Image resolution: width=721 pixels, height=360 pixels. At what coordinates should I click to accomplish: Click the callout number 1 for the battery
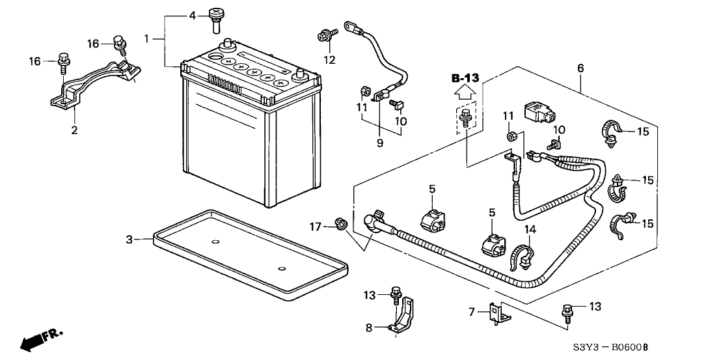tap(146, 39)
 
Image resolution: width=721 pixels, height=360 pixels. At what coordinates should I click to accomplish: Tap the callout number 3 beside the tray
tap(129, 240)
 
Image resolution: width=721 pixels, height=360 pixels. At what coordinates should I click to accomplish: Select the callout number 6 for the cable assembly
tap(580, 68)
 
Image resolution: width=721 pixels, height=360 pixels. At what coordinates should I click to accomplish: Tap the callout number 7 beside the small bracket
tap(472, 312)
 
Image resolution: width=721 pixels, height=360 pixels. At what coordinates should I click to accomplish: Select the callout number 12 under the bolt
tap(330, 61)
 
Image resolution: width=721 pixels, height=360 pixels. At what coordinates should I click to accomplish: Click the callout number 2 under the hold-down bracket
tap(74, 130)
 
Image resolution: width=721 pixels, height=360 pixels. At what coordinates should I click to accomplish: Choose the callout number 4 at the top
tap(191, 15)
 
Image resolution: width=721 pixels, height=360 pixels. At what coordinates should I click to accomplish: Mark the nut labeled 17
tap(339, 225)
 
